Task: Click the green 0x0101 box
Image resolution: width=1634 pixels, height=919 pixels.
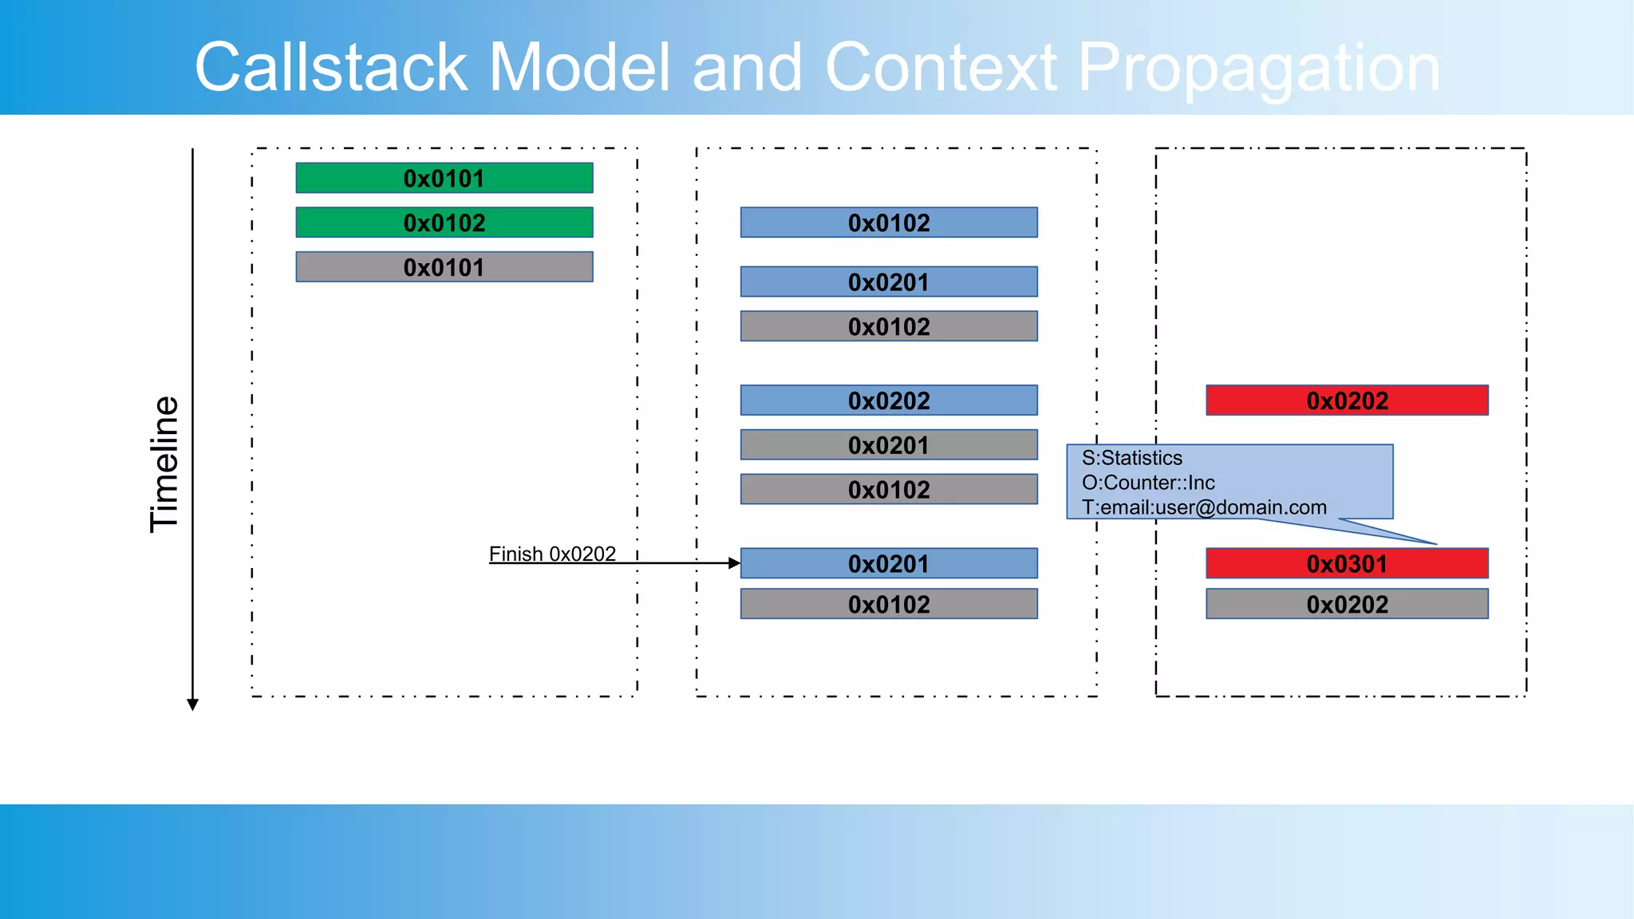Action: pyautogui.click(x=444, y=178)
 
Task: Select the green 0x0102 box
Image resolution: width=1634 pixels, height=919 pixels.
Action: pyautogui.click(x=444, y=223)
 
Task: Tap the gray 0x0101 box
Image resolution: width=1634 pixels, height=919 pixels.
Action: pyautogui.click(x=444, y=267)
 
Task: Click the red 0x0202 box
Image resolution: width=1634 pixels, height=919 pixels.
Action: pyautogui.click(x=1347, y=400)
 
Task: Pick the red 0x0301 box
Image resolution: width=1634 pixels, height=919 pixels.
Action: pyautogui.click(x=1347, y=563)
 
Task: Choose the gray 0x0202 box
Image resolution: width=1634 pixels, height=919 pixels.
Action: pyautogui.click(x=1347, y=604)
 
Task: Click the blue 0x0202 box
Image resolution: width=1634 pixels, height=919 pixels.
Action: pyautogui.click(x=889, y=400)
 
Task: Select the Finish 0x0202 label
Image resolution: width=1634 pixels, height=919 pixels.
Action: pyautogui.click(x=552, y=554)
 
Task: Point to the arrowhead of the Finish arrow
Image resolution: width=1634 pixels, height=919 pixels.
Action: pyautogui.click(x=735, y=563)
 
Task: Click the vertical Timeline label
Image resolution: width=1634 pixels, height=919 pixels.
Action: pyautogui.click(x=164, y=464)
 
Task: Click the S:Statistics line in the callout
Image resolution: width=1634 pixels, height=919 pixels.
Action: pyautogui.click(x=1131, y=458)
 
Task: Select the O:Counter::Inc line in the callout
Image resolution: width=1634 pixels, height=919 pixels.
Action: pyautogui.click(x=1147, y=483)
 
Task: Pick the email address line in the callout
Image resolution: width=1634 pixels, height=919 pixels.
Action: pyautogui.click(x=1203, y=507)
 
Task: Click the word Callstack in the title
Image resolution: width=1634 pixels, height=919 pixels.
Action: pyautogui.click(x=330, y=68)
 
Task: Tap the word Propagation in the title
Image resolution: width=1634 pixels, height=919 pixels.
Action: pyautogui.click(x=1258, y=68)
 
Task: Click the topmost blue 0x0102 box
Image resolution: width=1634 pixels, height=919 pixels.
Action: pyautogui.click(x=889, y=223)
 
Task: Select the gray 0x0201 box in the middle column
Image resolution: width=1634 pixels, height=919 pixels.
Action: pyautogui.click(x=889, y=445)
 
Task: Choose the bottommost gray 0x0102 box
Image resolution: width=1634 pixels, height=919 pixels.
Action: pyautogui.click(x=889, y=604)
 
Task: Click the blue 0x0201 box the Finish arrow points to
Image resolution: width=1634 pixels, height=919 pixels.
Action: pyautogui.click(x=889, y=563)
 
